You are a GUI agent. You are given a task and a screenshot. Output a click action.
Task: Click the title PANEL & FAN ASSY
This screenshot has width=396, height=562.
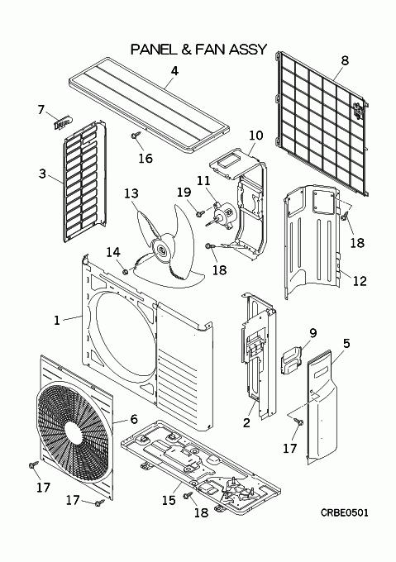tap(199, 49)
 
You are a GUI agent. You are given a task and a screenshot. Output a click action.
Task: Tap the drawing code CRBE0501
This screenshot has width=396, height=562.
tap(345, 513)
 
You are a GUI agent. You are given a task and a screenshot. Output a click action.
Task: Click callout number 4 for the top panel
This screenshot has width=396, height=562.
tap(174, 71)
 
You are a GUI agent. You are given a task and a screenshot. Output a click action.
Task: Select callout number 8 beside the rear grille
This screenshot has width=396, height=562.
tap(345, 60)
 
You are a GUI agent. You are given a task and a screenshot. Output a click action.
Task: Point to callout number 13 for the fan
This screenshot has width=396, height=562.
tap(131, 193)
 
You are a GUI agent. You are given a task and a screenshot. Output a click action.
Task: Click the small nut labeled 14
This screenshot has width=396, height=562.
tap(125, 273)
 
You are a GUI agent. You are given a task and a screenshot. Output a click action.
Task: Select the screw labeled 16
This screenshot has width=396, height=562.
tap(136, 136)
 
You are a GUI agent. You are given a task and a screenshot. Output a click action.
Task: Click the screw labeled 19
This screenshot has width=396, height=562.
tap(200, 213)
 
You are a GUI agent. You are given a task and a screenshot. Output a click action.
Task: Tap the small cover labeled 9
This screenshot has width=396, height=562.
tap(292, 360)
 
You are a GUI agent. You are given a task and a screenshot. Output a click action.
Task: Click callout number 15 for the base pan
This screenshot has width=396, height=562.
tap(169, 500)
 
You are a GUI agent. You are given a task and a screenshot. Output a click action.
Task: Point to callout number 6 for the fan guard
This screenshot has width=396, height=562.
tap(134, 419)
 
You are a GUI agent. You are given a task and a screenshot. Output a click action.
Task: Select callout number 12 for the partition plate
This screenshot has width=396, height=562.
tap(360, 281)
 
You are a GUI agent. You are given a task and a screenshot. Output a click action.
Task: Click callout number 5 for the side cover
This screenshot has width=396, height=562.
tap(346, 343)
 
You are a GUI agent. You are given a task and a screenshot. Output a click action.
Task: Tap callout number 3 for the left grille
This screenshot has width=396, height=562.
tap(42, 174)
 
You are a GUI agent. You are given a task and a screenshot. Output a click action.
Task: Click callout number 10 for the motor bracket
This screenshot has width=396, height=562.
tap(256, 136)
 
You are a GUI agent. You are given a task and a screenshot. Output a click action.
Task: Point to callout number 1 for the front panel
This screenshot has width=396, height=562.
tap(57, 320)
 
